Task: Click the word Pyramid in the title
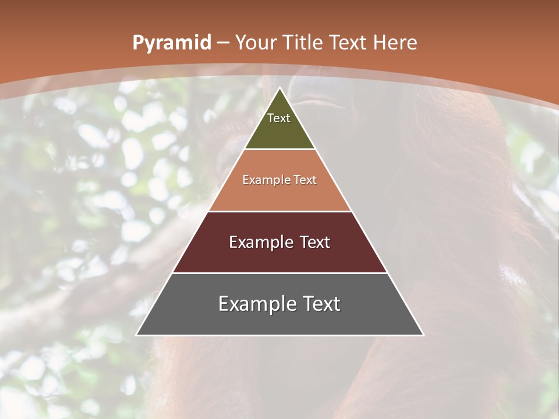coord(171,43)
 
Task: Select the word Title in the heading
coord(304,43)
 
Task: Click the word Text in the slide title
coord(350,43)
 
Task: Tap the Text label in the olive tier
coord(279,118)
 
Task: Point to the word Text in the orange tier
coord(306,180)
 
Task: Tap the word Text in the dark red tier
coord(315,243)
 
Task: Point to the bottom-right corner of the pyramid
coord(423,335)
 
